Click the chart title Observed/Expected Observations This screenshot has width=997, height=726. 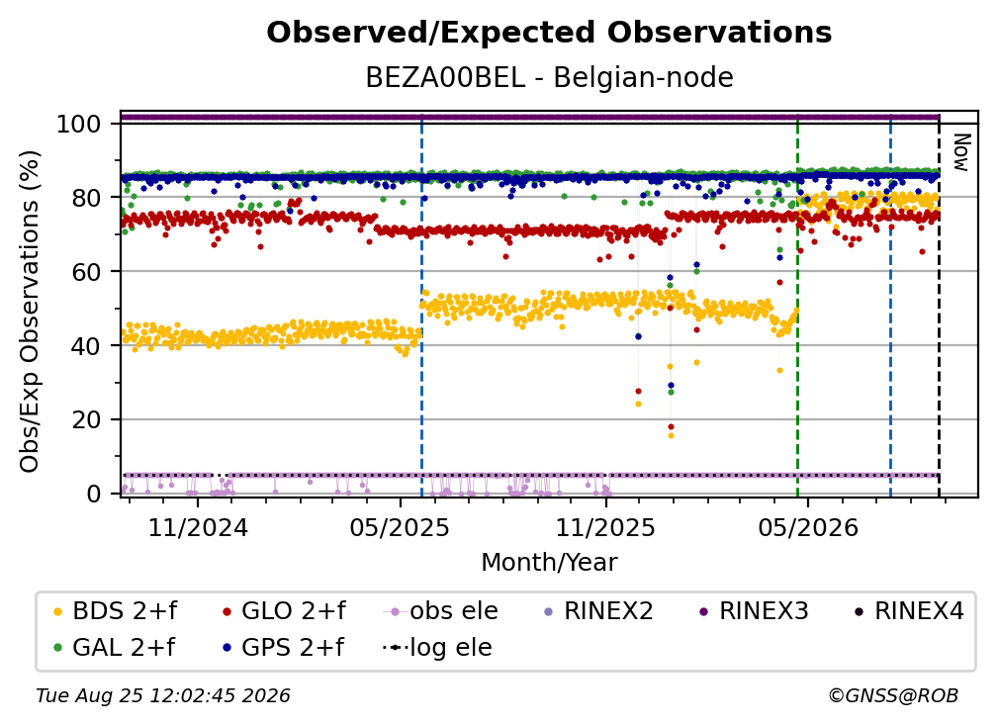click(549, 33)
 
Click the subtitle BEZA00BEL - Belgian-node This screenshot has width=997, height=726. click(549, 77)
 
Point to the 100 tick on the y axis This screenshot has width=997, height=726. click(79, 124)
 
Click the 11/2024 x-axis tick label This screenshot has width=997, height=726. click(198, 527)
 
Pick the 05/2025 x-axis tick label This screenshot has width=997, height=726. click(400, 527)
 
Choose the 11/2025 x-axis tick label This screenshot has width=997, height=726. click(605, 527)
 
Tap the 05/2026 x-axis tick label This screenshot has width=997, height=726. click(807, 527)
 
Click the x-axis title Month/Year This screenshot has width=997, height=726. click(549, 562)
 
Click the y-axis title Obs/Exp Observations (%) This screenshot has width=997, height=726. click(30, 312)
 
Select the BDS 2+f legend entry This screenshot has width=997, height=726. click(116, 611)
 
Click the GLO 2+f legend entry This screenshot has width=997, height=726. click(284, 611)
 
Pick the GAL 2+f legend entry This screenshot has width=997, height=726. click(115, 647)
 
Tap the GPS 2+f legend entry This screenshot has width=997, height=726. click(283, 647)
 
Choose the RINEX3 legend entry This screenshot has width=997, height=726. click(754, 611)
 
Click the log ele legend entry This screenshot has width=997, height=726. click(437, 647)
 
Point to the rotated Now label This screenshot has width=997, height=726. click(961, 152)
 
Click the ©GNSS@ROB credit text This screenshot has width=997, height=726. click(893, 695)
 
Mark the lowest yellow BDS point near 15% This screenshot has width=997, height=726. click(671, 435)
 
